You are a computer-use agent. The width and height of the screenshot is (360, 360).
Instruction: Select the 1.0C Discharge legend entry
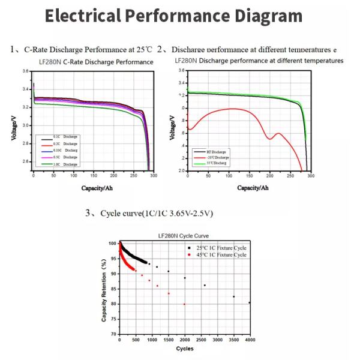[66, 164]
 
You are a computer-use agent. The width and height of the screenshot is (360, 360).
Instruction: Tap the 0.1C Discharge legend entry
[66, 137]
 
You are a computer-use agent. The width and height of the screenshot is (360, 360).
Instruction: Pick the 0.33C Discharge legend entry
[66, 151]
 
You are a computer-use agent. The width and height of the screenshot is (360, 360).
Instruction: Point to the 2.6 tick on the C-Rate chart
[26, 162]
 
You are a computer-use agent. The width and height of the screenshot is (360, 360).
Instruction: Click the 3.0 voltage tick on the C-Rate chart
[26, 125]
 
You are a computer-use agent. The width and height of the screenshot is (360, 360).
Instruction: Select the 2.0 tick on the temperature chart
[182, 170]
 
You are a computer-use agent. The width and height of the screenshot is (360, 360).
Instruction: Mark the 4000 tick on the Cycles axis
[250, 340]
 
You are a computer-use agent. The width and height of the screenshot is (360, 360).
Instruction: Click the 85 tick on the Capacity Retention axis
[113, 289]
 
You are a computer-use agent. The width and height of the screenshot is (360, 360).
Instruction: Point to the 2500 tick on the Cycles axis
[201, 340]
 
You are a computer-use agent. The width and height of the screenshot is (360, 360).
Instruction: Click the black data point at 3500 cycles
[234, 296]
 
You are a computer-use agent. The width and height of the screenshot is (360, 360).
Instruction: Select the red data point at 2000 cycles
[184, 304]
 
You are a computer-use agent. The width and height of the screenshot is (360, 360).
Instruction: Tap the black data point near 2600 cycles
[205, 285]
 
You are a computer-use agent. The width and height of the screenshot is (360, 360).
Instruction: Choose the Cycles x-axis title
[184, 349]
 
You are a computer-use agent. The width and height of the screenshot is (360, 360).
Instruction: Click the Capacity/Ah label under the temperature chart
[253, 187]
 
